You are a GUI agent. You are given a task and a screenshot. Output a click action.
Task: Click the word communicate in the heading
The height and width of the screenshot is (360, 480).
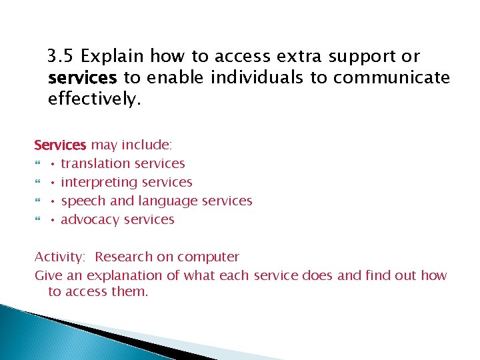(x=391, y=78)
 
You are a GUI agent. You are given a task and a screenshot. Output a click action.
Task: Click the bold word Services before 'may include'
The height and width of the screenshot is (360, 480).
(x=61, y=145)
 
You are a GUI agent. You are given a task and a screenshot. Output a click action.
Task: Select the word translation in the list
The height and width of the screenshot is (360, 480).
(x=95, y=163)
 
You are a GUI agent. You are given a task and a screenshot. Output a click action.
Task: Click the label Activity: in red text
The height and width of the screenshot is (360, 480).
(x=61, y=257)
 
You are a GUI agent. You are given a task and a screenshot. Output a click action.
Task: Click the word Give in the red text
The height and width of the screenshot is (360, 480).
(x=46, y=275)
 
